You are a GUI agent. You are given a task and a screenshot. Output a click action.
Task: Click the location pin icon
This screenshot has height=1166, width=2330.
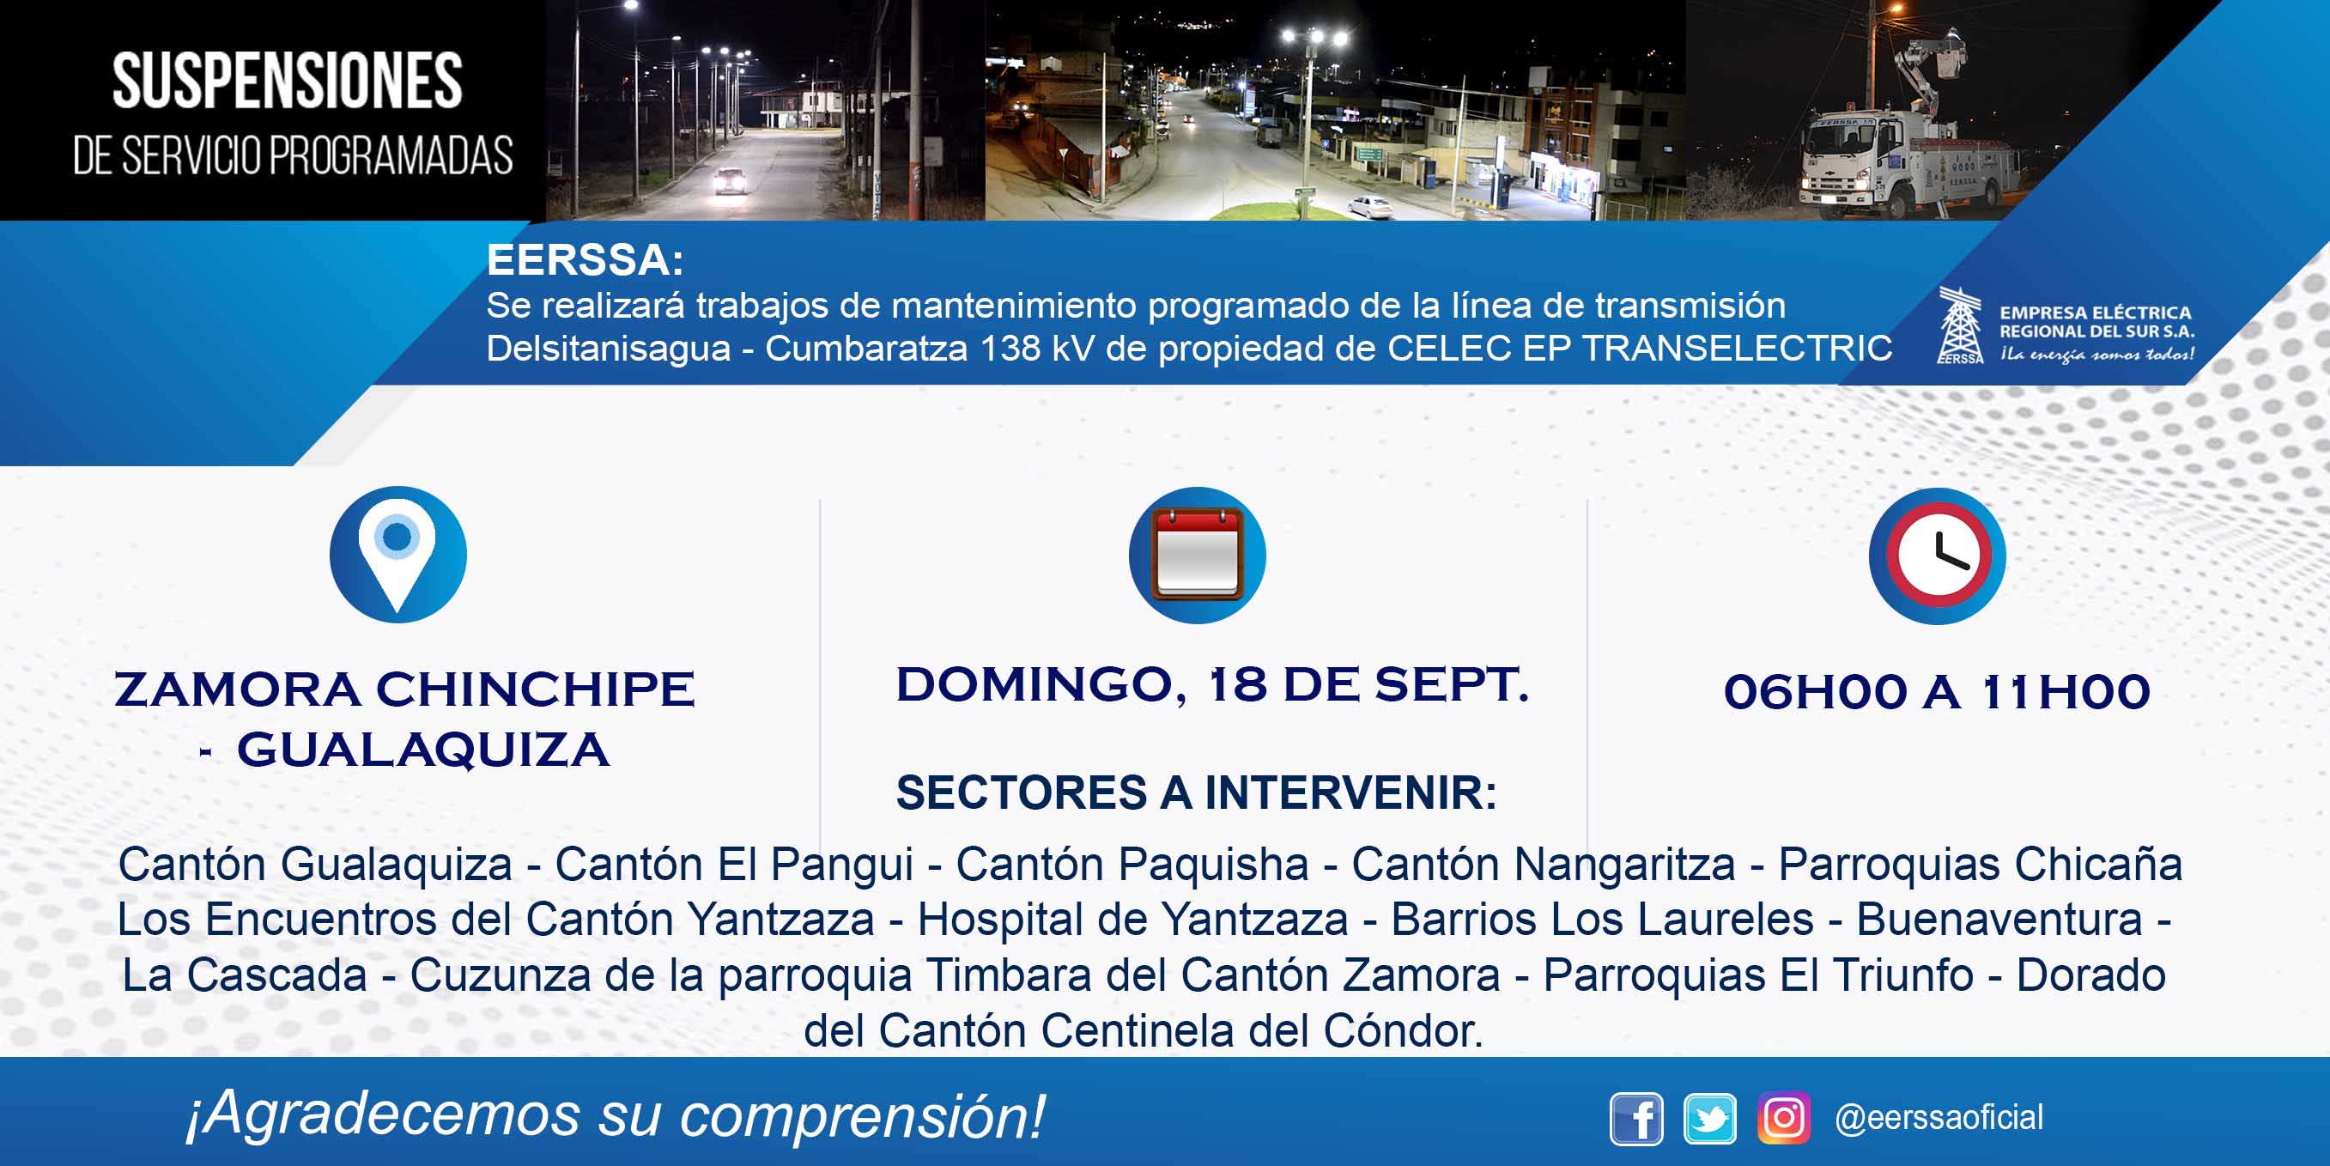[x=397, y=555]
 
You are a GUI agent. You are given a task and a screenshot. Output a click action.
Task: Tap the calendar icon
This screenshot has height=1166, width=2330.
[x=1198, y=555]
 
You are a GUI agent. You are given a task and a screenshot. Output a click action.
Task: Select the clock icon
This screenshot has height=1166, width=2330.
[x=1938, y=556]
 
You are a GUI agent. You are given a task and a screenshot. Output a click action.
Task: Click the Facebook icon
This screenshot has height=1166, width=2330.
[x=1636, y=1119]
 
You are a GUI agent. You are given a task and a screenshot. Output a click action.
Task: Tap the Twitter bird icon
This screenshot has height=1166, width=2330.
[x=1709, y=1119]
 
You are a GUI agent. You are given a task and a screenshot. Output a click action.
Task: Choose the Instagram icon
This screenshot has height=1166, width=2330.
[x=1784, y=1118]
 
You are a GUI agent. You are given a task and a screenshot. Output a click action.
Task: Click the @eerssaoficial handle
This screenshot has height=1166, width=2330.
[x=1939, y=1118]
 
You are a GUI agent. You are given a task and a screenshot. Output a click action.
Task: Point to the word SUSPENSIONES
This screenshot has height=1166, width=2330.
[x=288, y=82]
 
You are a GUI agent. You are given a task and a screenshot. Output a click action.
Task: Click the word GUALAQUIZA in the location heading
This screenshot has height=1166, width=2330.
[x=423, y=750]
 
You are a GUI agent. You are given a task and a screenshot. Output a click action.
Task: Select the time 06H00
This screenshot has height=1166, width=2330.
[x=1816, y=692]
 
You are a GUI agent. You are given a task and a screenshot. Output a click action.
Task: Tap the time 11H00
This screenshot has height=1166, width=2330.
[x=2065, y=692]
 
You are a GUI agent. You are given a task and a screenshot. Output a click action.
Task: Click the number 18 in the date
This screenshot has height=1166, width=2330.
[x=1237, y=685]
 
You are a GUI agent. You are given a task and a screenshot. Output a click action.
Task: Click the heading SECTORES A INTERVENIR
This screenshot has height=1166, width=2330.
[x=1197, y=793]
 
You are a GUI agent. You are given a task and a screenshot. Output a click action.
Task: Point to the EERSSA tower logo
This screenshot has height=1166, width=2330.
[x=1960, y=325]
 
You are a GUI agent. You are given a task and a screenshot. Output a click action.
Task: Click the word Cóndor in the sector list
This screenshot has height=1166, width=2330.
[x=1403, y=1030]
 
